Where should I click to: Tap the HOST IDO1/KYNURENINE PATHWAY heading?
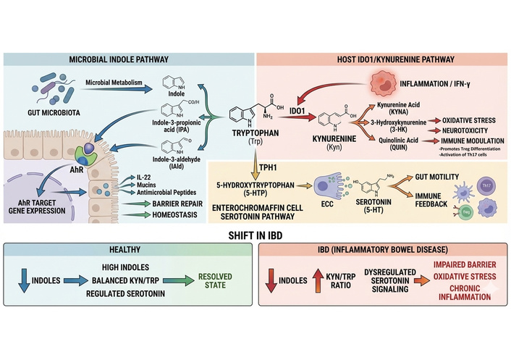click(x=382, y=59)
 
